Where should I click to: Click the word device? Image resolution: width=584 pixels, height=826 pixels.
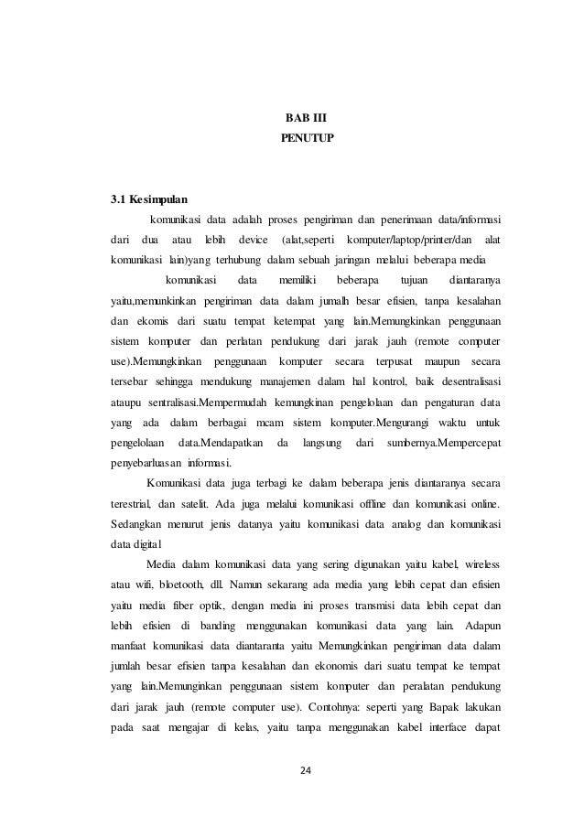252,240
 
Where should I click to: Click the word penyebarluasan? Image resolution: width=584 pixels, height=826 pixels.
146,461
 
